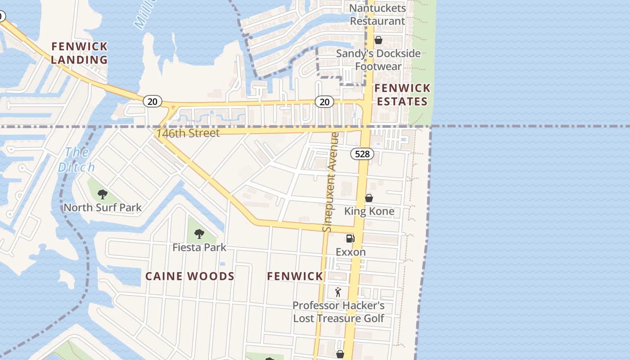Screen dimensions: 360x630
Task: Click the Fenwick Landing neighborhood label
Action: click(x=79, y=53)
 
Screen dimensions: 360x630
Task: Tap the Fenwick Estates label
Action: click(x=402, y=94)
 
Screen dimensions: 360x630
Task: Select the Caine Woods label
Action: click(x=189, y=276)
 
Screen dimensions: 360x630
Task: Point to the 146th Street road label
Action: click(x=188, y=133)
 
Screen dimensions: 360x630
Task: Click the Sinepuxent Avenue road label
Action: click(x=331, y=182)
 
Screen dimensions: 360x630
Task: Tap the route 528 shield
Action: click(x=362, y=154)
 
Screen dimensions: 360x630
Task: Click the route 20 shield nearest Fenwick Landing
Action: click(x=153, y=101)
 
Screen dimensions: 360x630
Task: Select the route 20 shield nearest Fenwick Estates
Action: click(x=324, y=102)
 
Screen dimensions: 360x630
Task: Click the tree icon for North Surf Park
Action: click(x=103, y=194)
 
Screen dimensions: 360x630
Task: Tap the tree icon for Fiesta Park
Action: click(x=199, y=234)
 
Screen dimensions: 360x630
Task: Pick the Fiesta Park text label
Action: click(x=199, y=247)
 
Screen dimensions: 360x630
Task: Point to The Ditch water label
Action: click(x=76, y=160)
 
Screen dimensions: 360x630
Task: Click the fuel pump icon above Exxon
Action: click(x=350, y=238)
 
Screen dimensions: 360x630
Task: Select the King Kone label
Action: click(x=369, y=211)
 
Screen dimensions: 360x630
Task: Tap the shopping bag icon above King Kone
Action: click(x=369, y=198)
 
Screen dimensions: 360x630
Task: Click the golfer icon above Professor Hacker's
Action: click(x=338, y=292)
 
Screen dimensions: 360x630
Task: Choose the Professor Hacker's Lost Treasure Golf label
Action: click(x=338, y=312)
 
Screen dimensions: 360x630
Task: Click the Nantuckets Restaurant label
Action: click(x=378, y=14)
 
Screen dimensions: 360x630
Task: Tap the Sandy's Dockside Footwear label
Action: click(x=378, y=60)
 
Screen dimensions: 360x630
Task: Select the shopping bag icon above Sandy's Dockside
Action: click(x=378, y=40)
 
